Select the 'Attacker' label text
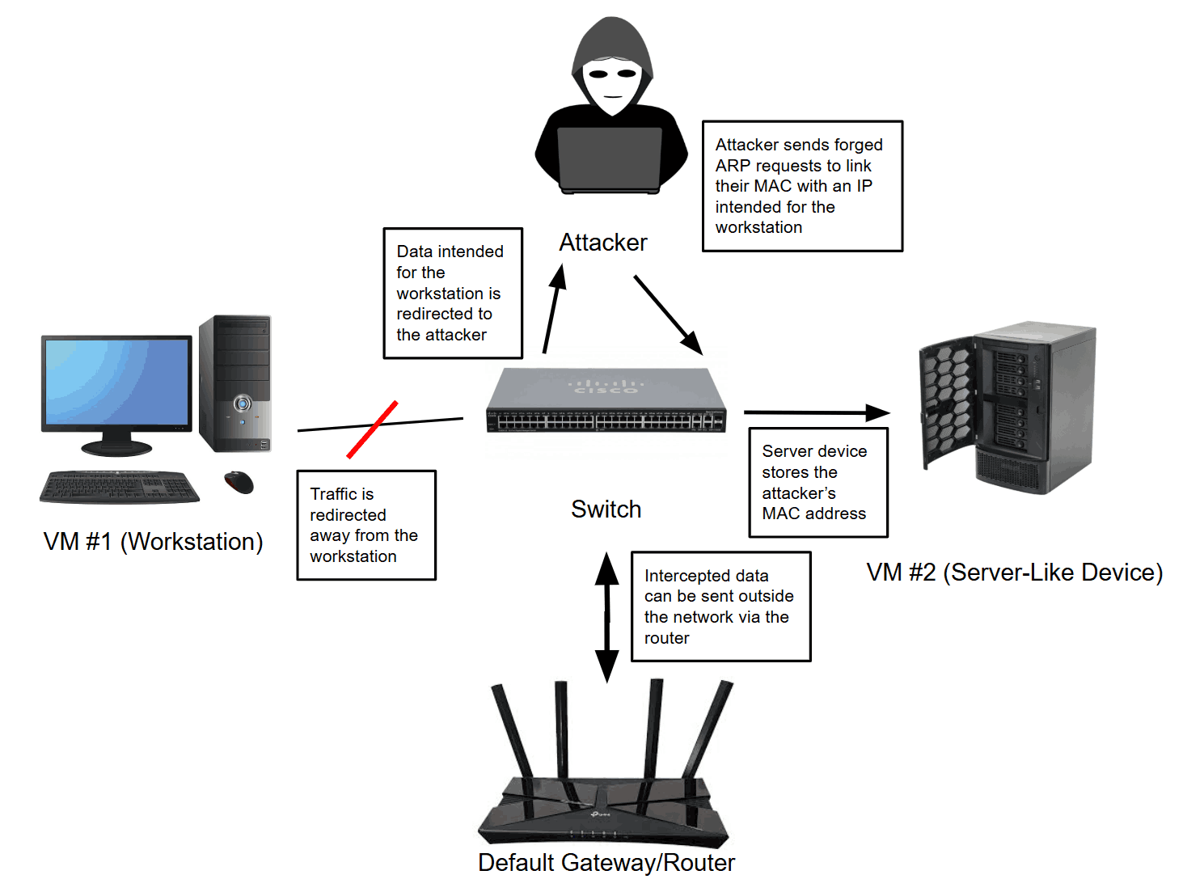pos(603,243)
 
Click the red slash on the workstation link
pos(372,429)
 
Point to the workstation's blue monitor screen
pos(117,381)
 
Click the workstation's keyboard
pos(120,487)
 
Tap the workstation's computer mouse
pos(239,483)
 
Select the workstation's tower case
pos(235,383)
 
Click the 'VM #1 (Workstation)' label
pos(154,542)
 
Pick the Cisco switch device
pos(606,401)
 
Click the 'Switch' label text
pos(606,509)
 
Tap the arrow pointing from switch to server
pos(817,413)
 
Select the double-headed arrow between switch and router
pos(607,618)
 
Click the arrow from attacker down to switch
pos(668,315)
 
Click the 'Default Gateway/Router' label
pos(606,863)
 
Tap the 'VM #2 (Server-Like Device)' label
pos(1014,573)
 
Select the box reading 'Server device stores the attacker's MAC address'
pos(818,483)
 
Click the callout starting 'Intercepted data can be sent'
pos(720,606)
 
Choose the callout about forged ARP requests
pos(802,186)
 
